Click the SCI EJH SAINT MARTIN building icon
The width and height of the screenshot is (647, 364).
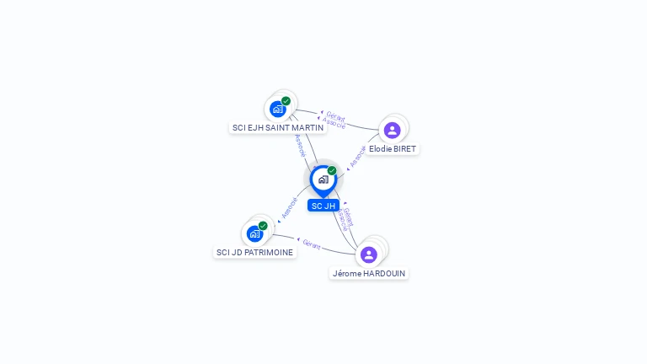277,109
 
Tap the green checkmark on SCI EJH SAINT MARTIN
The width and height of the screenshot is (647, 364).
286,101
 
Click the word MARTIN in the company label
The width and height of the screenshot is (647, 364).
307,128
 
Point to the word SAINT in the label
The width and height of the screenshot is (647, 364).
277,128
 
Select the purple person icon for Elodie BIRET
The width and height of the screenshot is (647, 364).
392,130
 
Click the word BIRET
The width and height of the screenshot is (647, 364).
404,149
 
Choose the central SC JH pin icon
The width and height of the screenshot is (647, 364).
323,179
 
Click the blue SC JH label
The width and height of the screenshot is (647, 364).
323,206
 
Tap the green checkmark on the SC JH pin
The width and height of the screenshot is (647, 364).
332,170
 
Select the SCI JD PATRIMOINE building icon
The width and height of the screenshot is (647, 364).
254,233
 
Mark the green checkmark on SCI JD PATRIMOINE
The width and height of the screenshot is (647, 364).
263,226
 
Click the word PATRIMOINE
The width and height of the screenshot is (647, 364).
271,253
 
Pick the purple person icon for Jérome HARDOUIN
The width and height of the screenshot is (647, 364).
368,254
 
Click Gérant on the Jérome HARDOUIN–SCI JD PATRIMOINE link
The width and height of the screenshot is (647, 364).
311,244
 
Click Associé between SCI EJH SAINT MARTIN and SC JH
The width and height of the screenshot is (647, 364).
300,146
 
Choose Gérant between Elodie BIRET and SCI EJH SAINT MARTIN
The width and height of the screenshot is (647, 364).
335,117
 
